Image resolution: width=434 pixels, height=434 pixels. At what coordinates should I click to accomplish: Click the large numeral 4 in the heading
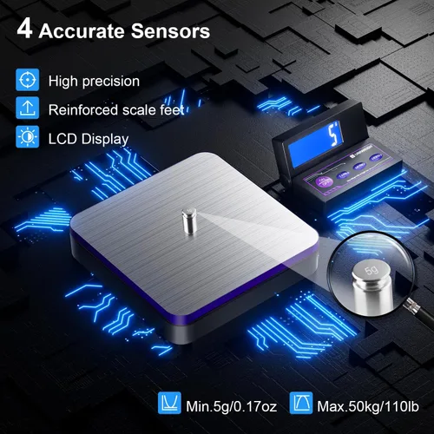(x=24, y=30)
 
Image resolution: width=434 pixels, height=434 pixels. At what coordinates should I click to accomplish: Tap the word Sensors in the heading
(x=170, y=30)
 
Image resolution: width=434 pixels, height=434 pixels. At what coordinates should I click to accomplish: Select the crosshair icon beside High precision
(x=28, y=80)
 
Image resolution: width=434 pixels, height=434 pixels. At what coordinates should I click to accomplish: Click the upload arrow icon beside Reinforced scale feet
(x=28, y=108)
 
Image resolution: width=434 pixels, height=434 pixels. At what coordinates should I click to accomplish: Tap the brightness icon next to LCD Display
(x=28, y=137)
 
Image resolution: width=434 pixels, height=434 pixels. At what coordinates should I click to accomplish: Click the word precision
(x=111, y=82)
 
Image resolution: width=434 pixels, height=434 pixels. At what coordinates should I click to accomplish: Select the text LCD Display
(x=89, y=139)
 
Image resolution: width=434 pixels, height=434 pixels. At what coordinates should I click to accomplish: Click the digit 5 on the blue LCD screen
(x=333, y=134)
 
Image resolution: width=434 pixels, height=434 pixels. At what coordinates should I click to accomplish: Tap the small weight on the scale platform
(x=189, y=221)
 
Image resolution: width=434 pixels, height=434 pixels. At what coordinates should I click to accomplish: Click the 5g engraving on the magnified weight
(x=372, y=271)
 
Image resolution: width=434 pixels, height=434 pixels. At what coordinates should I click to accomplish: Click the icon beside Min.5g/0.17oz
(x=169, y=403)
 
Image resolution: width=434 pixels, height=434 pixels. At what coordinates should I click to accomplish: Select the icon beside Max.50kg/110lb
(x=301, y=403)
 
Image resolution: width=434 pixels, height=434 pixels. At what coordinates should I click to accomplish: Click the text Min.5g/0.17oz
(x=231, y=406)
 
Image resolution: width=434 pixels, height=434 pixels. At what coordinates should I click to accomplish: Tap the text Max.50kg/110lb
(x=368, y=406)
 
